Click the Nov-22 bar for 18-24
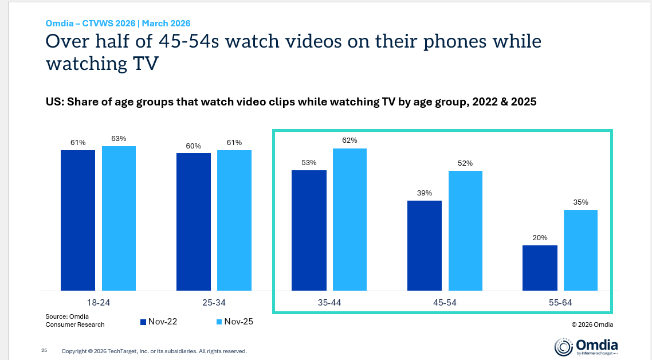coord(78,220)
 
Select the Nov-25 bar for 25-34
coord(234,220)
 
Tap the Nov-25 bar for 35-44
coord(349,220)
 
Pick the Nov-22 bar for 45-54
coord(425,245)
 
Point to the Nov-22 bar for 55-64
coord(540,268)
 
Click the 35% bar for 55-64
coord(580,250)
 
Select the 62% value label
coord(349,140)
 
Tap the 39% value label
coord(425,193)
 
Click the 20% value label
coord(540,237)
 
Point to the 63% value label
coord(119,138)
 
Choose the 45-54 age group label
coord(444,302)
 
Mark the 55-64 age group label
coord(560,302)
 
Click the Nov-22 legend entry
coord(159,322)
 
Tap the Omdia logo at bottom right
coord(586,346)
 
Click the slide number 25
coord(44,350)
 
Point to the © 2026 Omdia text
coord(592,324)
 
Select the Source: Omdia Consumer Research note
coord(75,320)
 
